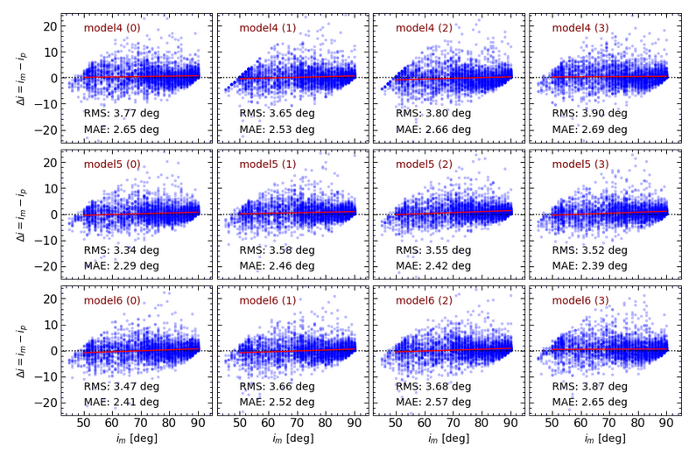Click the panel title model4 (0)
111,28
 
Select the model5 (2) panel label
424,165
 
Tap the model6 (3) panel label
580,301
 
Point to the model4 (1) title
268,28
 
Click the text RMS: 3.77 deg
122,114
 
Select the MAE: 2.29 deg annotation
122,265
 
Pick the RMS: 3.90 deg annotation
590,114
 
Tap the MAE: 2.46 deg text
278,265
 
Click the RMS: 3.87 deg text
590,386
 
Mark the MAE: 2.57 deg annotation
434,402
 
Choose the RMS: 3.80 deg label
434,114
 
